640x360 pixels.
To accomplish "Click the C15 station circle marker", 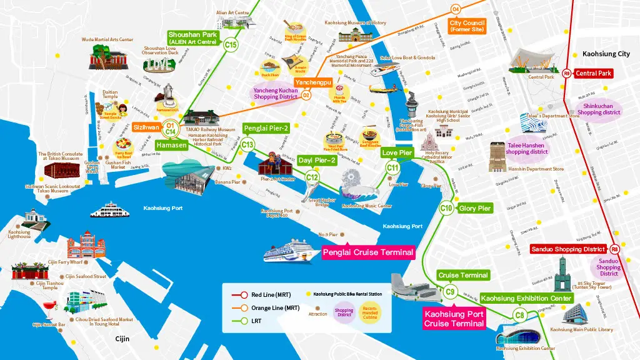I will pyautogui.click(x=231, y=44).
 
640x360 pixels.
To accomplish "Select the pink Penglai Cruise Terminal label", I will pyautogui.click(x=368, y=252).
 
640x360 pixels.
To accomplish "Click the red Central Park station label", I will pyautogui.click(x=594, y=73).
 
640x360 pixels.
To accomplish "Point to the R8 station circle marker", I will pyautogui.click(x=615, y=249).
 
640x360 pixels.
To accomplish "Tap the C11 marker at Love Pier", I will pyautogui.click(x=392, y=167).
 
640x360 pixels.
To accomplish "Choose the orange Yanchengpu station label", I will pyautogui.click(x=314, y=82).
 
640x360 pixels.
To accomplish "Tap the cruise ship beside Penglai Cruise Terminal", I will pyautogui.click(x=290, y=251).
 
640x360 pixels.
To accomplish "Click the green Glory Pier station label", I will pyautogui.click(x=475, y=208).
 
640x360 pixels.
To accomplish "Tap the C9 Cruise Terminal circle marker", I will pyautogui.click(x=450, y=291).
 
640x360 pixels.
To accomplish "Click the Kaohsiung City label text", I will pyautogui.click(x=606, y=54).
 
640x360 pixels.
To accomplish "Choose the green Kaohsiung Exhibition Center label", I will pyautogui.click(x=526, y=298).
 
